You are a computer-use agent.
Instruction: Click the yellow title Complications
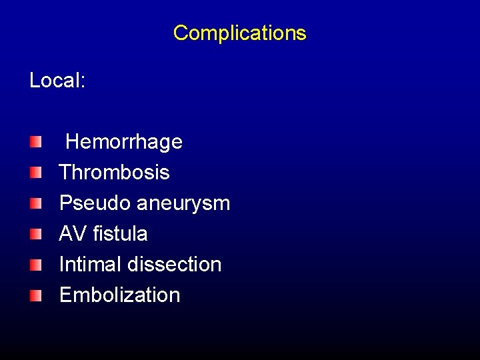click(x=239, y=33)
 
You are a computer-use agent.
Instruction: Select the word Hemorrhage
click(x=124, y=142)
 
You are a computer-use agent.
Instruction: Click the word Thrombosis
click(x=114, y=173)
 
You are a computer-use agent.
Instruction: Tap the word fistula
click(x=121, y=234)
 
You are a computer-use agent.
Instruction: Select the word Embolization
click(x=119, y=295)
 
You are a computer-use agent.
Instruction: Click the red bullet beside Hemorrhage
click(x=35, y=141)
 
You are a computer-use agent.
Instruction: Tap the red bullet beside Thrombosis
click(x=35, y=173)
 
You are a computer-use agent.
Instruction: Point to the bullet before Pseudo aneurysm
click(x=35, y=203)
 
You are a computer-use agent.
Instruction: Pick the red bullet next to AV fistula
click(x=35, y=234)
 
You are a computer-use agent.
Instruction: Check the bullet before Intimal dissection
click(x=35, y=265)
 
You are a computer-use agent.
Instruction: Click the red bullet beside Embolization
click(x=35, y=295)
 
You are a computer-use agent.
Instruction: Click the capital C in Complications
click(x=180, y=33)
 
